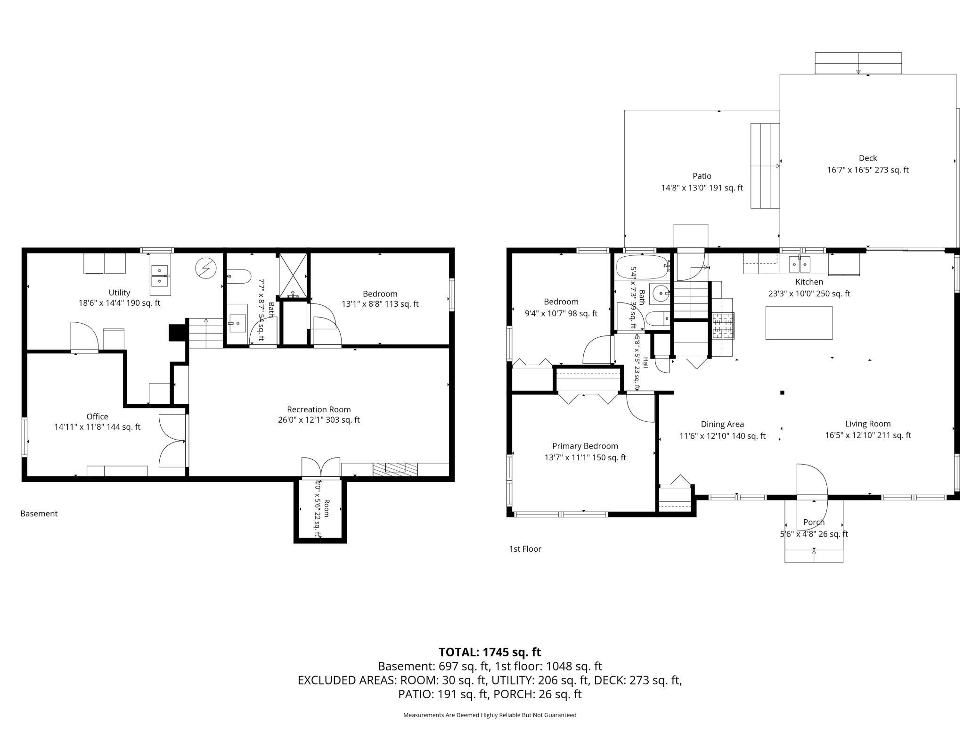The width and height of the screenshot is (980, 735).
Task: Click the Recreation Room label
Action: (x=319, y=409)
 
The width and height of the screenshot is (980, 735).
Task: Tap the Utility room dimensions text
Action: (x=119, y=303)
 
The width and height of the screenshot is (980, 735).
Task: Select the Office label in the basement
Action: (x=98, y=416)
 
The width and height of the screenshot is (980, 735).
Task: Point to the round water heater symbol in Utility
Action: (x=205, y=269)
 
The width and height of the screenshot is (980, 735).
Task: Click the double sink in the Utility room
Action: (x=159, y=276)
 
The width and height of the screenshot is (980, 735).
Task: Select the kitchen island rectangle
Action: (x=799, y=323)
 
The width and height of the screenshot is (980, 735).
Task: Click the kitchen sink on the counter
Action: (x=800, y=264)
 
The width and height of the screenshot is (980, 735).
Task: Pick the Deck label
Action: (x=868, y=158)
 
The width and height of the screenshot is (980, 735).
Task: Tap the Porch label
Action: (x=814, y=522)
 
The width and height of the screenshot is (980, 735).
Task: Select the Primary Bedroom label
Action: (x=585, y=446)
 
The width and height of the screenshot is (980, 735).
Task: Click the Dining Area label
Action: (x=722, y=424)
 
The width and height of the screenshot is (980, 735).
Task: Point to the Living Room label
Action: (x=868, y=424)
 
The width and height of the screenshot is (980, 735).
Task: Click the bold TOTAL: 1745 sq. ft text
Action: (x=490, y=652)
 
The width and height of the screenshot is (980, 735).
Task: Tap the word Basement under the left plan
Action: (x=39, y=514)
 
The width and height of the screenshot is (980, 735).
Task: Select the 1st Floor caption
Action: (x=525, y=549)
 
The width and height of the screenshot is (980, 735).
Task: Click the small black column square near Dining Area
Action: (x=782, y=392)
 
